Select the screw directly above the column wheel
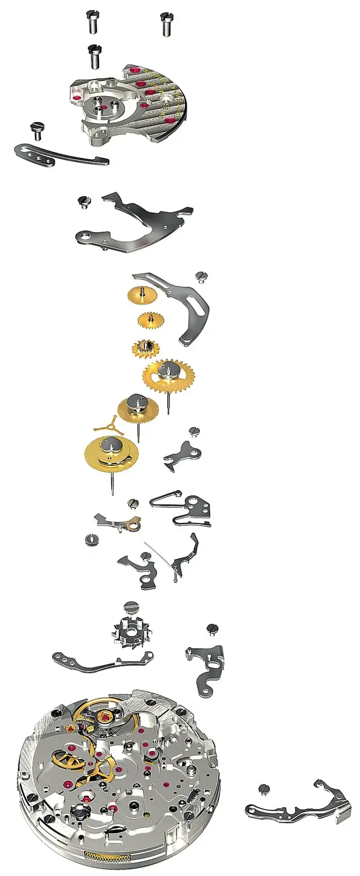pos(130,607)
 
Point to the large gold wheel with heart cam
pos(111,454)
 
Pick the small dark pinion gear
pos(91,540)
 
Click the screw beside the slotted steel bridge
pos(201,276)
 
